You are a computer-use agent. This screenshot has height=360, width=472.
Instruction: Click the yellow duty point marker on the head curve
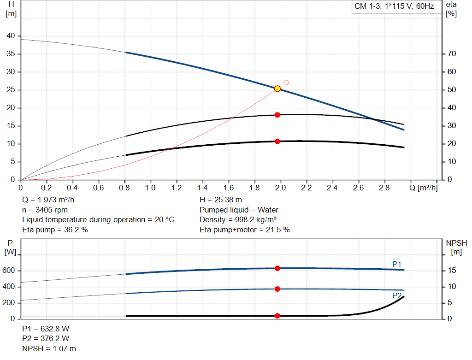coord(277,89)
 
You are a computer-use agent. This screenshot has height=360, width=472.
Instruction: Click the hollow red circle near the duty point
coord(286,83)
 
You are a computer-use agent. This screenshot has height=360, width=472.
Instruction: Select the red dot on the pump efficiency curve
coord(277,115)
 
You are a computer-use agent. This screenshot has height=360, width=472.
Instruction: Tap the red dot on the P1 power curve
coord(277,268)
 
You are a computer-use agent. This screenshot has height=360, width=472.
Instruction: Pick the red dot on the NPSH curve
coord(277,316)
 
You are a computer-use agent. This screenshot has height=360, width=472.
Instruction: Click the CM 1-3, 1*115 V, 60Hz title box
coord(395,7)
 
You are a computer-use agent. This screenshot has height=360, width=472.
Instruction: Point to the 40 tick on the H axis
coord(11,36)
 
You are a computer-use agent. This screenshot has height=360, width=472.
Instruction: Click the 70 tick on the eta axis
coord(452,54)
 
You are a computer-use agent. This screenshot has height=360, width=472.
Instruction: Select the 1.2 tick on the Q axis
coord(177,188)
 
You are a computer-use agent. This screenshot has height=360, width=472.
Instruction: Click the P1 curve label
coord(397,264)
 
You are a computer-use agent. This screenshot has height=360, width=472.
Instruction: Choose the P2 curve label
coord(397,295)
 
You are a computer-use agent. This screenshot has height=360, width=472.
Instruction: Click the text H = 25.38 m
coord(221,200)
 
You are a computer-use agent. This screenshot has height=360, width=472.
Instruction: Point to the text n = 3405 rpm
coord(45,210)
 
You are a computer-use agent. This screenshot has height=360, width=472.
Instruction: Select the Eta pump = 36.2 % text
coord(55,230)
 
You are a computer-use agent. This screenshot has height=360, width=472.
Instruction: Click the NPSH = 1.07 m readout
coord(49,348)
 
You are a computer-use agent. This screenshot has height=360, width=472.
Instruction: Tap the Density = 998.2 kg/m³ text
coord(238,219)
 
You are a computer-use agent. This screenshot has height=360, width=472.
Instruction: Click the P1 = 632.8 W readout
coord(46,329)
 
